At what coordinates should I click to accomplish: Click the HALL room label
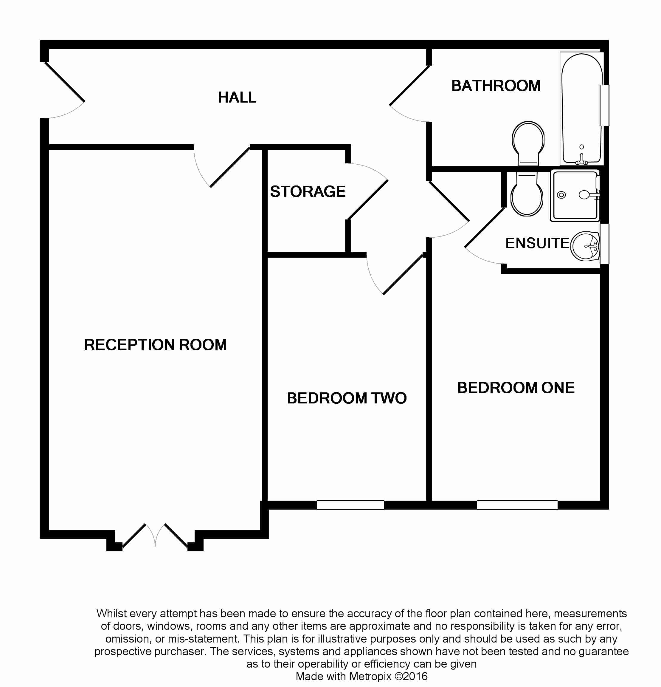pos(237,98)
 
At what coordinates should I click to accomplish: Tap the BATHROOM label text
pos(496,86)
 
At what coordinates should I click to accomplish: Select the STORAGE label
pos(308,192)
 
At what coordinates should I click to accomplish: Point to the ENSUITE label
pos(537,243)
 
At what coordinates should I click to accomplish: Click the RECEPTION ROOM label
pos(155,345)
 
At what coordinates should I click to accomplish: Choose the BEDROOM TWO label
pos(346,398)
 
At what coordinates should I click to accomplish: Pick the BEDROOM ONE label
pos(516,388)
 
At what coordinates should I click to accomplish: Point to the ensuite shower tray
pos(575,196)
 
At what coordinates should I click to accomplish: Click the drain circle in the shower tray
pos(561,195)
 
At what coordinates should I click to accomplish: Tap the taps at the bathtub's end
pos(581,160)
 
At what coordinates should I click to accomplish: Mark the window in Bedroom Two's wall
pos(350,505)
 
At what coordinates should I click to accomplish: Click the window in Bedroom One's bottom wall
pos(517,505)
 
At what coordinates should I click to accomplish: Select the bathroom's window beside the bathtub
pos(605,105)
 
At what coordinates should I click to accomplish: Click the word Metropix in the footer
pos(370,676)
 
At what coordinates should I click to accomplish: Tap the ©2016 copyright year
pos(411,676)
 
